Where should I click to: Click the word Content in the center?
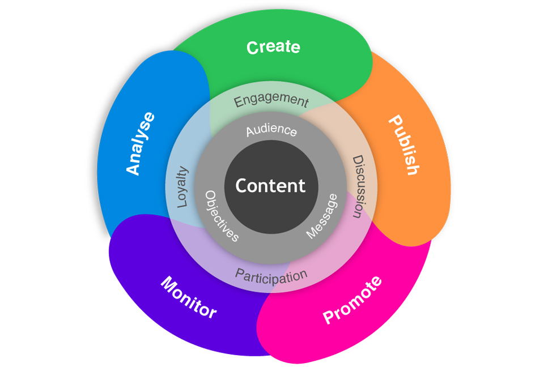(270, 186)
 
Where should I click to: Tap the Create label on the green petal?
(273, 47)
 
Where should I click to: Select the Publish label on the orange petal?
(404, 146)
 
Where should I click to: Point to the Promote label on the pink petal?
(352, 300)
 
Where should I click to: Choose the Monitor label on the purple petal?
(189, 297)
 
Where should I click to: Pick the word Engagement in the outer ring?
(271, 100)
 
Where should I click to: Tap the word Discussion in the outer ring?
(358, 186)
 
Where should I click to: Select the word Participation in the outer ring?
(271, 276)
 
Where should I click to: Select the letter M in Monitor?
(168, 283)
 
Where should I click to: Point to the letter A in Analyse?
(134, 168)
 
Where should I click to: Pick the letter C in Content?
(242, 186)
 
